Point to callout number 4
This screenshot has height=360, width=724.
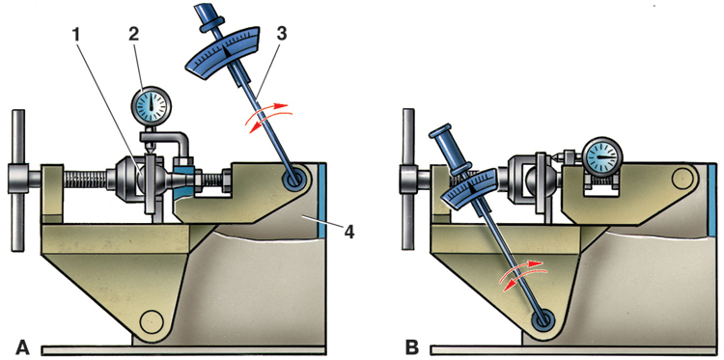[349, 232]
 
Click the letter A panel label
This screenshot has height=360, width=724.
[23, 347]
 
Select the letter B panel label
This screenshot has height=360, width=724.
[412, 347]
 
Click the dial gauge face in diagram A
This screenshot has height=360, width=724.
[151, 106]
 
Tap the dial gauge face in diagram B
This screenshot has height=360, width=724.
[602, 157]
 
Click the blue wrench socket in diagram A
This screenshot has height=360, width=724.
[292, 179]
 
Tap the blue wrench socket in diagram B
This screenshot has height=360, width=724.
[543, 319]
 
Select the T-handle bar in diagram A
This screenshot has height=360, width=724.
[18, 180]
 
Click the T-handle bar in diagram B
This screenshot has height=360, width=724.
[408, 180]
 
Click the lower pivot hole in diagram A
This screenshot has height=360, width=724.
[151, 321]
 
